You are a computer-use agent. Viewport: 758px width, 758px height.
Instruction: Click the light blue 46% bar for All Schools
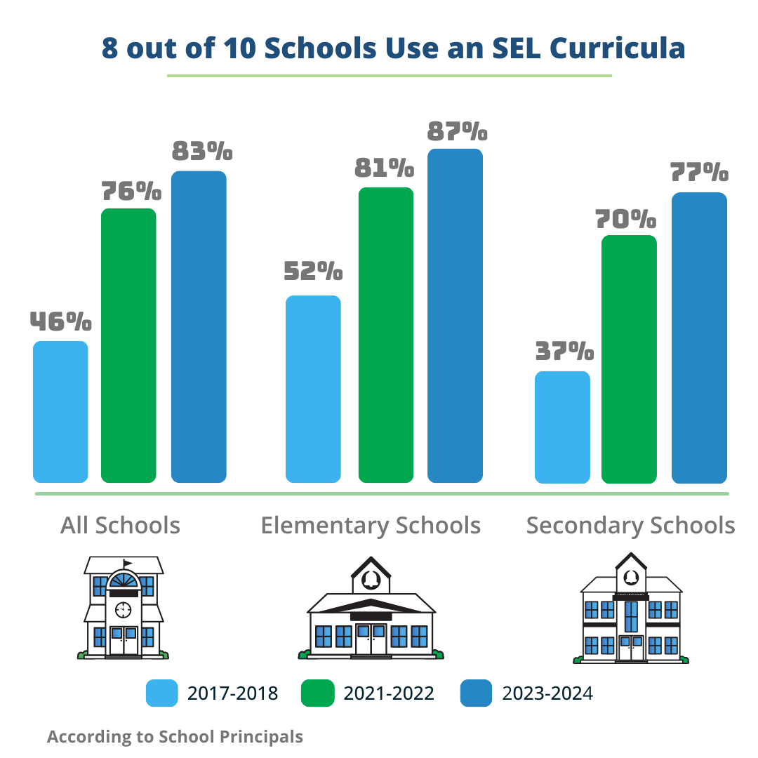[60, 412]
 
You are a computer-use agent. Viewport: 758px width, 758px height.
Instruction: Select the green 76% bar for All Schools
[129, 345]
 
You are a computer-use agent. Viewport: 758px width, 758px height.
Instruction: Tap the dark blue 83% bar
[199, 327]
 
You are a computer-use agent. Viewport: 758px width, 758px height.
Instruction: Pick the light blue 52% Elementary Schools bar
[313, 389]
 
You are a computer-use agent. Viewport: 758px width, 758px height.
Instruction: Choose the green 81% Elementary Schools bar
[386, 335]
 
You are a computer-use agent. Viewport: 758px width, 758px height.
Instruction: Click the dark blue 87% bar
[456, 316]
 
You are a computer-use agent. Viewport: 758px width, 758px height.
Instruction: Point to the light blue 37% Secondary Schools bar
[562, 427]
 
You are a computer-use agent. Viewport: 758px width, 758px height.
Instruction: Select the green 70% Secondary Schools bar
[630, 359]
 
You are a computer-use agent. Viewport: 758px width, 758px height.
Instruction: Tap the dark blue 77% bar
[699, 338]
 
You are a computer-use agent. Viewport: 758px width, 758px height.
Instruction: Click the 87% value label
[456, 133]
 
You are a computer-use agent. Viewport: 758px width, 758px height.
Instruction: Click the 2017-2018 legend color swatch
[162, 693]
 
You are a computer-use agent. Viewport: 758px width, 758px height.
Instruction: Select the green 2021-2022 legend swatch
[317, 693]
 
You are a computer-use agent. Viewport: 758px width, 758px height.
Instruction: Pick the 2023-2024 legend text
[547, 694]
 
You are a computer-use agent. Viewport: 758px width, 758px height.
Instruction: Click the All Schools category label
[120, 526]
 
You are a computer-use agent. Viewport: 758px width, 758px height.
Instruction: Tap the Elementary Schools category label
[371, 526]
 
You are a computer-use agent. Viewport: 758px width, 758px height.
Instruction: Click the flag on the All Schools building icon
[127, 563]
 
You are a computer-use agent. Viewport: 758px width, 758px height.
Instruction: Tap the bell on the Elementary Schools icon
[371, 580]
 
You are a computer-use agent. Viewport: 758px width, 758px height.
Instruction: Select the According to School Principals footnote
[175, 737]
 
